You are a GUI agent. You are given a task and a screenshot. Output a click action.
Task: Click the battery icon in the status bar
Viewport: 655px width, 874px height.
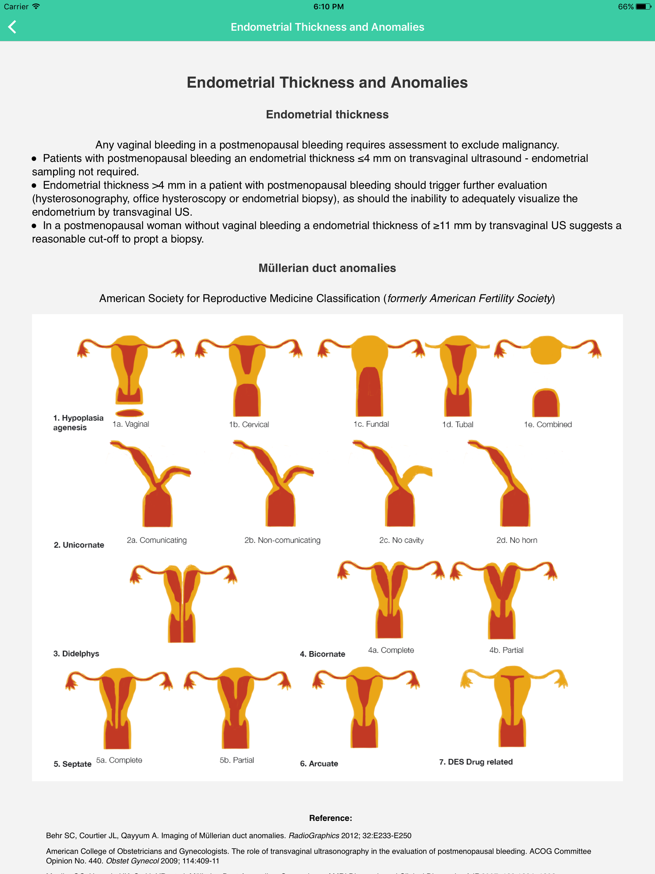click(x=643, y=7)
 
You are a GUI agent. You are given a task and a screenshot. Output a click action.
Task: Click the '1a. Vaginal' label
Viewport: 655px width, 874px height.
click(x=131, y=424)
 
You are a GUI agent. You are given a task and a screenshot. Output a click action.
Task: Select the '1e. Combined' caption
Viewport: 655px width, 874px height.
click(x=548, y=424)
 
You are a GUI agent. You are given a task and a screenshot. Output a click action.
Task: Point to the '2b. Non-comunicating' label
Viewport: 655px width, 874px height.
click(x=282, y=540)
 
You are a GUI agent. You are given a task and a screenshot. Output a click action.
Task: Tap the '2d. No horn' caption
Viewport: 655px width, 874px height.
click(x=516, y=540)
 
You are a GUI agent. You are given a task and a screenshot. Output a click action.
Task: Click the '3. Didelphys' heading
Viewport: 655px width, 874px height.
click(x=76, y=654)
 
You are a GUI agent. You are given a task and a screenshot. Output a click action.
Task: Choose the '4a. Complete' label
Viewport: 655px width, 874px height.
click(x=391, y=650)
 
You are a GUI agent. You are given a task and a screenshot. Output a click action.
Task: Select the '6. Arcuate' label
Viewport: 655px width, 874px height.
click(x=319, y=763)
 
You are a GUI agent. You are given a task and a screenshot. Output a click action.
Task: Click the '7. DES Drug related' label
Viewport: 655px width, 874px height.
click(x=476, y=762)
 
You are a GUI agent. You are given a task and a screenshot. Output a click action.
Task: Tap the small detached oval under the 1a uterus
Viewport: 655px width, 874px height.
click(x=129, y=413)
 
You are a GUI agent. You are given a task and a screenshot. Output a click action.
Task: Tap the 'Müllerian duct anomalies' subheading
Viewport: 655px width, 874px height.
click(x=327, y=268)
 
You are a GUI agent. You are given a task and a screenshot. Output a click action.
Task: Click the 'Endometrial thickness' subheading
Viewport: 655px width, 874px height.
click(x=327, y=115)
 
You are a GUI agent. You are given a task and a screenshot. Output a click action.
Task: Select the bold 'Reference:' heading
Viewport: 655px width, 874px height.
click(x=330, y=818)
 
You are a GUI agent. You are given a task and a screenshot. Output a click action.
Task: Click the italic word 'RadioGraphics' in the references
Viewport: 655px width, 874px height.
click(x=314, y=836)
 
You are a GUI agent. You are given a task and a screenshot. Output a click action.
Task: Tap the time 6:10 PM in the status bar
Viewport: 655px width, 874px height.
click(x=328, y=7)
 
